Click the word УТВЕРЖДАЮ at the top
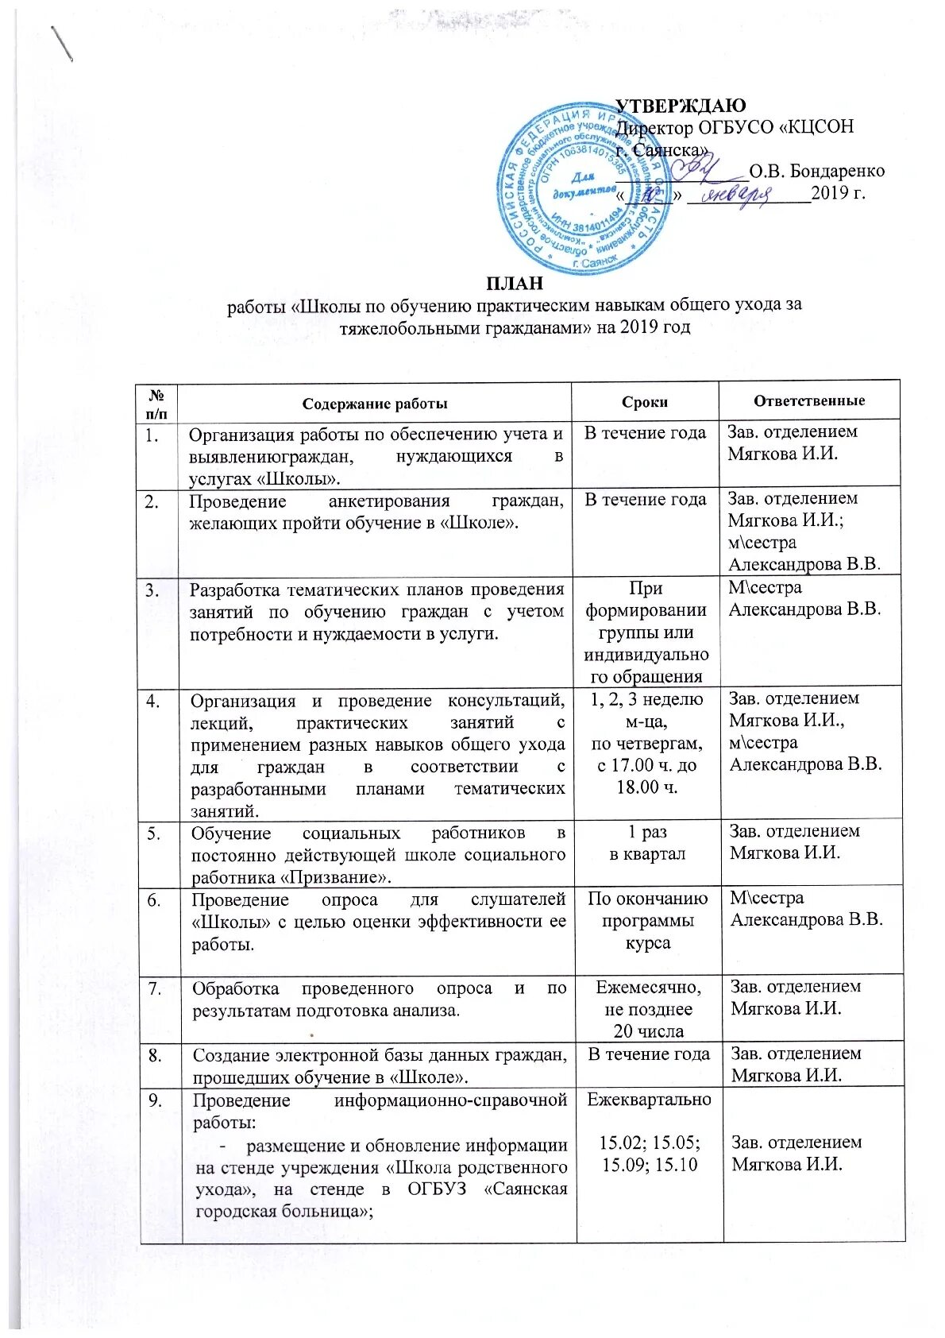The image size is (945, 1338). click(681, 106)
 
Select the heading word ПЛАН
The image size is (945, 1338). click(515, 283)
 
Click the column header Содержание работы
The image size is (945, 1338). click(375, 403)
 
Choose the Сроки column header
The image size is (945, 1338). click(645, 402)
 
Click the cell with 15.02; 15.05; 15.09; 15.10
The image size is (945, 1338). click(650, 1154)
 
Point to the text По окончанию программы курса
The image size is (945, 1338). click(648, 921)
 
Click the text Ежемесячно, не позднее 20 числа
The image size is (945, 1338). click(649, 1009)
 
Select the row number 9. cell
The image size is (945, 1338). click(156, 1100)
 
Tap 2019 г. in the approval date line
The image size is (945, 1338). click(838, 193)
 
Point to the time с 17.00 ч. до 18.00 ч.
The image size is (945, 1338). click(648, 776)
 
